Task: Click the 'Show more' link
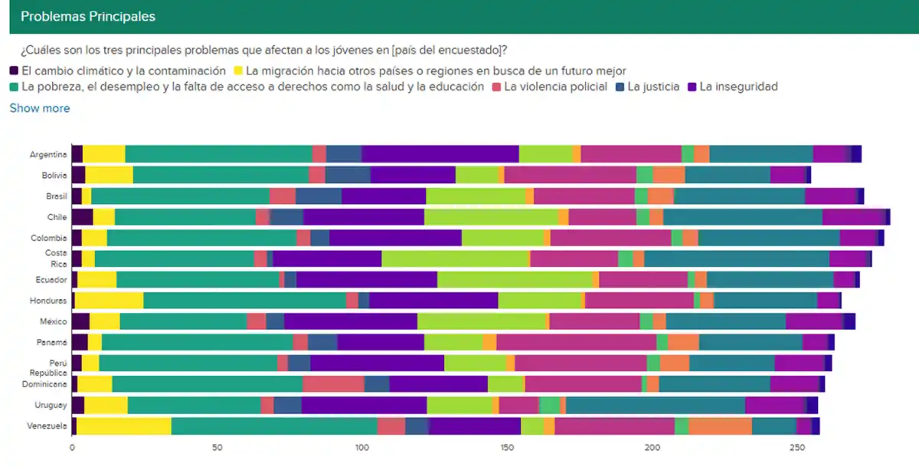[x=40, y=108]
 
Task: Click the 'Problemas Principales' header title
[x=87, y=16]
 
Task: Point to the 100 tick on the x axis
[x=362, y=447]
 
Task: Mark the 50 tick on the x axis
[x=217, y=447]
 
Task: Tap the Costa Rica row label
[x=55, y=258]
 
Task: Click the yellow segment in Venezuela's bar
[x=124, y=426]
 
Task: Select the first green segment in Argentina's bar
[x=219, y=153]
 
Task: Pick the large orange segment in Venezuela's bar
[x=720, y=426]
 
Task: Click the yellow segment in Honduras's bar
[x=109, y=301]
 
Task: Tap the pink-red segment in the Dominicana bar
[x=333, y=384]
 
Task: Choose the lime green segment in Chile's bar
[x=491, y=217]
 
